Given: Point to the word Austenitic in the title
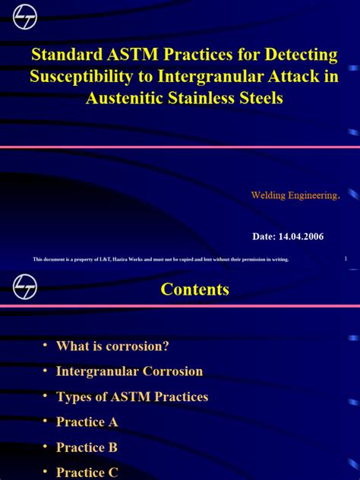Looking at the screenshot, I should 125,98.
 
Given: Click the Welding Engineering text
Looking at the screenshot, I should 293,195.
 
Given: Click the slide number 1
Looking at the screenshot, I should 346,258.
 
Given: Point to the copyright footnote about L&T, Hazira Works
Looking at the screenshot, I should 160,260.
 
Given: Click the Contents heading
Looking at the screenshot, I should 194,289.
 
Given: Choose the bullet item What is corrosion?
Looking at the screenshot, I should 112,346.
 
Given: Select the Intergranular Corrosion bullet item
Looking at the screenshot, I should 129,371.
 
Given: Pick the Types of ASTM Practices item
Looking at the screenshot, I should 131,396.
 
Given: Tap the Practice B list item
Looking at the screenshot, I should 87,447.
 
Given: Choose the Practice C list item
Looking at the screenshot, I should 87,472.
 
